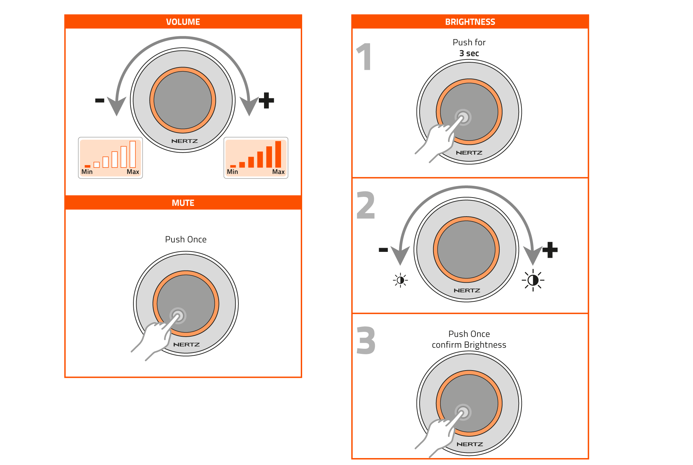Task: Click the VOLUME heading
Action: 183,22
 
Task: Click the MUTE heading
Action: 183,203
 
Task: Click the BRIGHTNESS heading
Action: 470,22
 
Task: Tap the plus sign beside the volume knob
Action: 266,100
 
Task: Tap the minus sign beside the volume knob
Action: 100,100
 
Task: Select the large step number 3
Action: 366,340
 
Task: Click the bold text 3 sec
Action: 469,53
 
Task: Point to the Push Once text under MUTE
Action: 186,239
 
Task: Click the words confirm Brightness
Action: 469,345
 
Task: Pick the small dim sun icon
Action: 401,280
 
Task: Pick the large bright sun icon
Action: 533,280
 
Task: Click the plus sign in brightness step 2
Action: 550,250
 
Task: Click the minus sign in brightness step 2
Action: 383,250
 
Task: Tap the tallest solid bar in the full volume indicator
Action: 278,154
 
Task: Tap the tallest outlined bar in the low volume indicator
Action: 133,154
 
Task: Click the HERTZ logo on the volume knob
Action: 184,141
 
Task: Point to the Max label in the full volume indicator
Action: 278,172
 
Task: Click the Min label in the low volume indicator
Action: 87,172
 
